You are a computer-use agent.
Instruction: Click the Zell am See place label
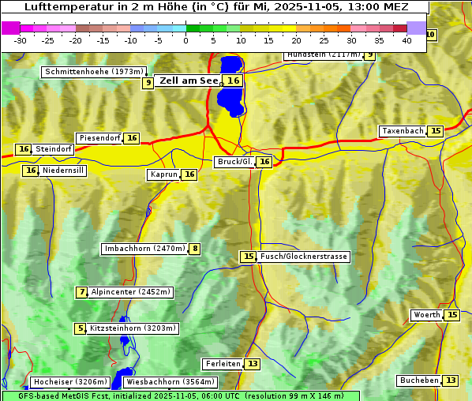point(189,81)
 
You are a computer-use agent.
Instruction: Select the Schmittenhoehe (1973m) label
point(95,72)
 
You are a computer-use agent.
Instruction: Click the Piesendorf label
point(99,138)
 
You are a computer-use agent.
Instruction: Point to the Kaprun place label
point(163,175)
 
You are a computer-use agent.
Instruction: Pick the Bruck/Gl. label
point(234,162)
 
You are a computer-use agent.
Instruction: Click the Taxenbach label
point(403,131)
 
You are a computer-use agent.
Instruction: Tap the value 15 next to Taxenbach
point(436,131)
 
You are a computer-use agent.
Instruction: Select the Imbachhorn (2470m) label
point(145,249)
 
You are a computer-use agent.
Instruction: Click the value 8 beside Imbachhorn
point(194,249)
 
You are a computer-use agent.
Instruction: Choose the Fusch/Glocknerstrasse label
point(304,257)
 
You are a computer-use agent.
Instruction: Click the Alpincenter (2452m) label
point(130,292)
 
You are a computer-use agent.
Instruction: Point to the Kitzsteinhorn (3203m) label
point(133,328)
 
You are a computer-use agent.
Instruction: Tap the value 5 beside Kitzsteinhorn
point(80,328)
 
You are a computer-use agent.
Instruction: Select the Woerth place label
point(427,315)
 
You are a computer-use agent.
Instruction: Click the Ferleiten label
point(223,364)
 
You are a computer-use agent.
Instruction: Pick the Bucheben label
point(419,380)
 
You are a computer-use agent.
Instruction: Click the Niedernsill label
point(63,171)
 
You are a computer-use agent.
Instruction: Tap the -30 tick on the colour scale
point(21,40)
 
